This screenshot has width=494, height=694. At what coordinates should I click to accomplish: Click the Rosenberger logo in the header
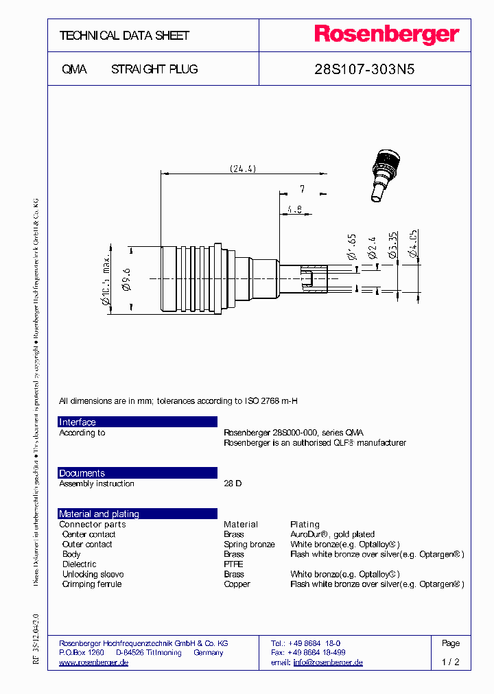(386, 35)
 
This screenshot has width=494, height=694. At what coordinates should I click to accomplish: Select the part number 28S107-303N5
(364, 69)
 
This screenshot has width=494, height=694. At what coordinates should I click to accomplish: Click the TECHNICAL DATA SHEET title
(124, 36)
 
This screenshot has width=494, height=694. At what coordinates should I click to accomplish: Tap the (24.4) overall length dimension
(242, 169)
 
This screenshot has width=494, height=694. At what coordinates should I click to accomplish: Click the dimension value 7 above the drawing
(301, 189)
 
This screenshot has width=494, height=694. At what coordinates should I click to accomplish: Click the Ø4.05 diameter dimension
(412, 246)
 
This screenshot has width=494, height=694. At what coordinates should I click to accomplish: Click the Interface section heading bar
(137, 422)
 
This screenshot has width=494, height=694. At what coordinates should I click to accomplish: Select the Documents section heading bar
(137, 473)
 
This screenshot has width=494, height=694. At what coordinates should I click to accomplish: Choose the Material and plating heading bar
(137, 514)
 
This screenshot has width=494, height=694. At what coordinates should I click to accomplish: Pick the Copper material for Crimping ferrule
(237, 584)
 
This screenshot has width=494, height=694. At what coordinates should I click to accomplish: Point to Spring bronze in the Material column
(249, 545)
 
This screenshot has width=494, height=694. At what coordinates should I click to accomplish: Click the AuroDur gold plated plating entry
(332, 534)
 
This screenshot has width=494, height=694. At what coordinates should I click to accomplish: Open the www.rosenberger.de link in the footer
(93, 662)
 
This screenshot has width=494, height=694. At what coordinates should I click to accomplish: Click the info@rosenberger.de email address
(327, 662)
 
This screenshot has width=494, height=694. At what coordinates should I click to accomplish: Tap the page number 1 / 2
(450, 662)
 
